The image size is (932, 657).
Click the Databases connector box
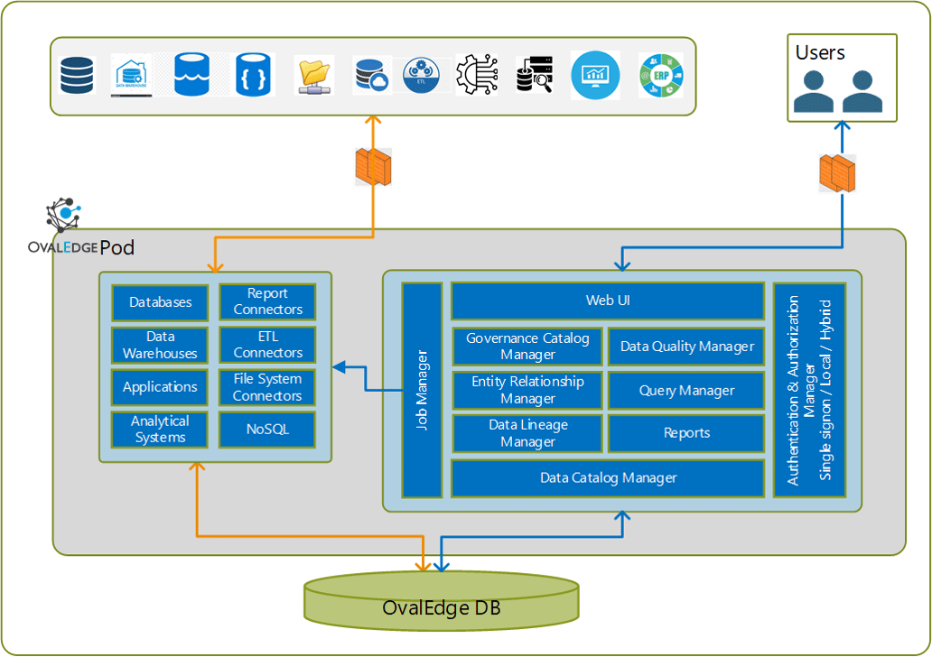click(x=160, y=302)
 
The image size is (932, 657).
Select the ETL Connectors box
click(x=267, y=344)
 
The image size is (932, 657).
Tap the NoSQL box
click(x=267, y=430)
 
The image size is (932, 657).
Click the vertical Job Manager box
click(x=422, y=390)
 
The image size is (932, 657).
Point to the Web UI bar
click(x=608, y=301)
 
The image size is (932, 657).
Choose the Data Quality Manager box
click(x=686, y=347)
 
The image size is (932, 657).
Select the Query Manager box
click(x=686, y=390)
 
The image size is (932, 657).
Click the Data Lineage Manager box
click(x=527, y=433)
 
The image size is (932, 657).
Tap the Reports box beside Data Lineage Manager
click(x=686, y=433)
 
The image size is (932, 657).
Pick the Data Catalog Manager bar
click(x=608, y=477)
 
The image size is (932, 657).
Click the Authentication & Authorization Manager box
click(x=809, y=390)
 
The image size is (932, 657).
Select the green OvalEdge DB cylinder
click(x=441, y=602)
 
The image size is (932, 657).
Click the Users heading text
click(x=820, y=52)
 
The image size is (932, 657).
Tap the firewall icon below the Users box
click(x=837, y=173)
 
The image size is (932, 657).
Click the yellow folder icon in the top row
click(x=314, y=75)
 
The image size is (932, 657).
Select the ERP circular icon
click(x=660, y=75)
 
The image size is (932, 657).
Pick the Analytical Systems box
click(x=160, y=430)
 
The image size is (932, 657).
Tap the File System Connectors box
click(x=267, y=387)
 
